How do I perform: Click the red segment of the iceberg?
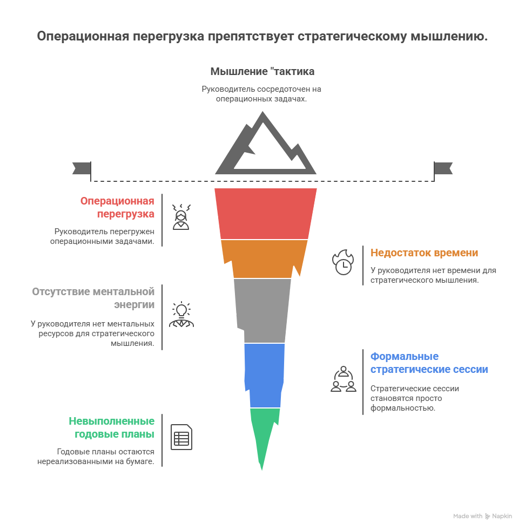point(265,213)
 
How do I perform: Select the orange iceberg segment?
point(264,258)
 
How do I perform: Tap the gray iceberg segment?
point(262,310)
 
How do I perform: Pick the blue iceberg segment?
point(264,375)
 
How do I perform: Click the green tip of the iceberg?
point(264,432)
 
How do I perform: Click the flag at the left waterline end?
point(81,168)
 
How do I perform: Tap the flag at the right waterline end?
point(443,168)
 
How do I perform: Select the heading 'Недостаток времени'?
point(424,253)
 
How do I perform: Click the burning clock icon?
point(342,262)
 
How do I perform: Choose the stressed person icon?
point(181,217)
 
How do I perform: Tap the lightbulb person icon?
point(181,315)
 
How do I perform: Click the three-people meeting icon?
point(343,379)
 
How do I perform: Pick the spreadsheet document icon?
point(181,437)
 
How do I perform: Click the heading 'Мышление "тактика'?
point(262,71)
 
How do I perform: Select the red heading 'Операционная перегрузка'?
point(118,207)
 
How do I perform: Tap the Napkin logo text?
point(502,516)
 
